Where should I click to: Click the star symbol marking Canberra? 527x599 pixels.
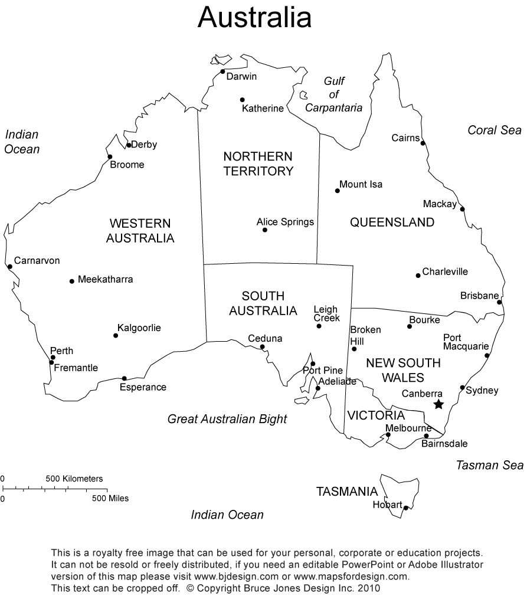coord(438,404)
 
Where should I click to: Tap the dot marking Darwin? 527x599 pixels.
coord(223,72)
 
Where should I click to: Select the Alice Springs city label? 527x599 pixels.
coord(285,222)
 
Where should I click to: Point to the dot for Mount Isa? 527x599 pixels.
coord(338,191)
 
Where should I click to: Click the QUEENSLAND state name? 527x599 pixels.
coord(392,222)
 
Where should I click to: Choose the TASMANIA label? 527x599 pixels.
coord(346,492)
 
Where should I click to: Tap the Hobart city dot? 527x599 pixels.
coord(406,508)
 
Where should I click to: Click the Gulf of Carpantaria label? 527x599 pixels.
coord(333,95)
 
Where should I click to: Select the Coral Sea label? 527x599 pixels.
coord(495,130)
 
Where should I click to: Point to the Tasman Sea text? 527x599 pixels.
coord(489,465)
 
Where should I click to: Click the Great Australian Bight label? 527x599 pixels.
coord(227,419)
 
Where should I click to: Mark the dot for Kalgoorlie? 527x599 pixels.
coord(116,336)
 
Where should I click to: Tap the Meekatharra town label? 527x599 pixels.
coord(105,280)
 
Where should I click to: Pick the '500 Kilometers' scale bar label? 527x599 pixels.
coord(74,479)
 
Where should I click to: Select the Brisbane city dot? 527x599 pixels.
coord(499,302)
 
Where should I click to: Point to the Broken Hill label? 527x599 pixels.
coord(365,335)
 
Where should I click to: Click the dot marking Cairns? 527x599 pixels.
coord(423,143)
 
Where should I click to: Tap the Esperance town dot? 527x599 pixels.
coord(124,379)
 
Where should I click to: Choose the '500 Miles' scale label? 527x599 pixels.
coord(110,498)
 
